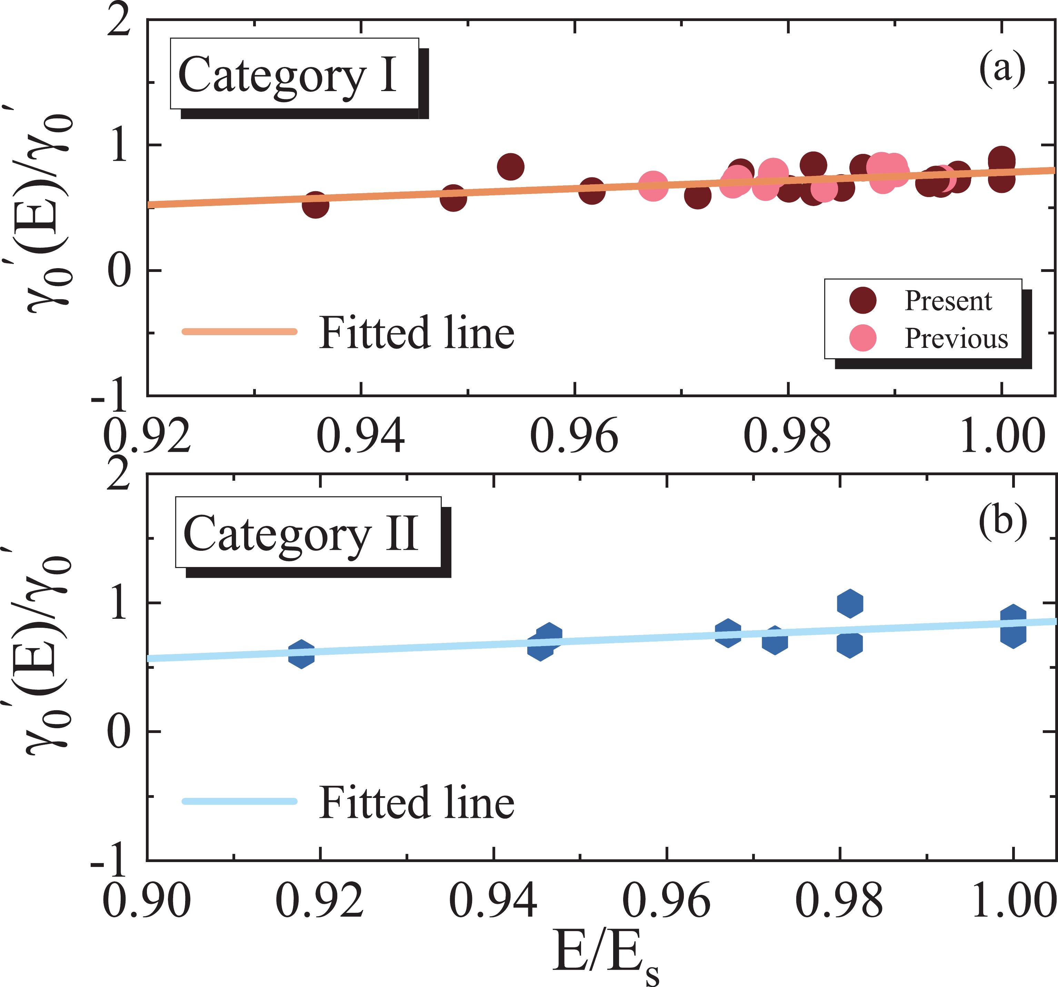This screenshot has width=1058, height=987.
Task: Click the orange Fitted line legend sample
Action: [239, 331]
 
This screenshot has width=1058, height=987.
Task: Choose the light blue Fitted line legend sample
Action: [239, 801]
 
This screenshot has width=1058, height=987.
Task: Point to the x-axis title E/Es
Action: [605, 956]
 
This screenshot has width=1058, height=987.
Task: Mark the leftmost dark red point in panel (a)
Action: [316, 205]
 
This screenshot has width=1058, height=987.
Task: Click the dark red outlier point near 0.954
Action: [510, 167]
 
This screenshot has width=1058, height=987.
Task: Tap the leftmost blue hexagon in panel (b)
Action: [301, 654]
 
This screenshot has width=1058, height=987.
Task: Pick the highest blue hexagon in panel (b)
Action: [850, 604]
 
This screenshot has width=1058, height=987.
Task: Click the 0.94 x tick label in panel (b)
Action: [493, 900]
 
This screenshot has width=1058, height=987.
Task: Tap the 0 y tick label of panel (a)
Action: [119, 271]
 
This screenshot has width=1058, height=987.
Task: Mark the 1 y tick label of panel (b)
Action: [119, 604]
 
